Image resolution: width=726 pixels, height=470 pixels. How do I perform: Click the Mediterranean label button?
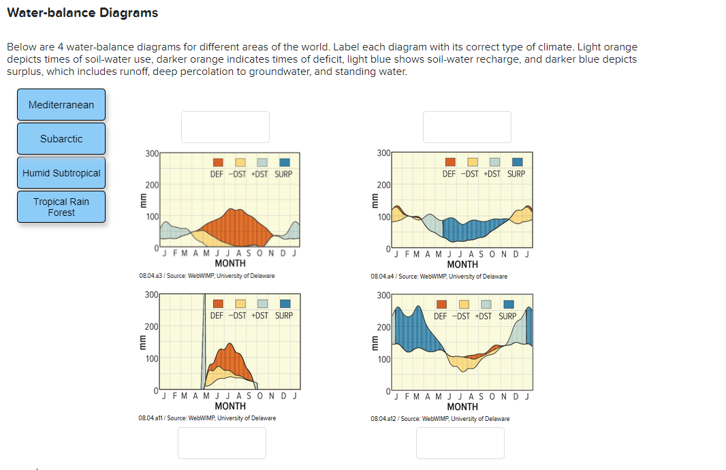(61, 105)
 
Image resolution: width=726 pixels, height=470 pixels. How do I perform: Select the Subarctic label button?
(61, 139)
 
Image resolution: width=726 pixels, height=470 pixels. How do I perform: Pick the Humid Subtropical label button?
(61, 173)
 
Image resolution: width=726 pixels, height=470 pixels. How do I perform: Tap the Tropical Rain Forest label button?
(61, 207)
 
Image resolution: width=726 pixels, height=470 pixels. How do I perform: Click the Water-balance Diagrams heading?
(82, 13)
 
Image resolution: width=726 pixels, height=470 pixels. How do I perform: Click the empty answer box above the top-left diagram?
(225, 127)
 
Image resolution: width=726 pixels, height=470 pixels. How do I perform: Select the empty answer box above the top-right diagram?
(467, 127)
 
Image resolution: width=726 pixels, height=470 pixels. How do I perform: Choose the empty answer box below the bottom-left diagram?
(222, 443)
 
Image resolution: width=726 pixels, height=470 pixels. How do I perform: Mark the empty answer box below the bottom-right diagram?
(460, 443)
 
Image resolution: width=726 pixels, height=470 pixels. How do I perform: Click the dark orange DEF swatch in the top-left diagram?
(218, 163)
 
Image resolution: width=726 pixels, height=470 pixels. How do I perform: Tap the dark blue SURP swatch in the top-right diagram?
(517, 162)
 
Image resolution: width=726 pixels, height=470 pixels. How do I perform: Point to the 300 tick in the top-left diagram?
(152, 153)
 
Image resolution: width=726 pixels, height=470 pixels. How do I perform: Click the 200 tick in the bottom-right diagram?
(383, 328)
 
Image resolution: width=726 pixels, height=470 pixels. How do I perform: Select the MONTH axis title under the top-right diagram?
(462, 264)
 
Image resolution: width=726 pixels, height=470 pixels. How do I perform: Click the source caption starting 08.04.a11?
(207, 418)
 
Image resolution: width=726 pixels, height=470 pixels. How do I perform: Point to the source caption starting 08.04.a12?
(440, 419)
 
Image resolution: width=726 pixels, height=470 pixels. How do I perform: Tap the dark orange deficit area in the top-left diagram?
(235, 225)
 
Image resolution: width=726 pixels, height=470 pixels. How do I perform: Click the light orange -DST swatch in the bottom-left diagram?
(240, 304)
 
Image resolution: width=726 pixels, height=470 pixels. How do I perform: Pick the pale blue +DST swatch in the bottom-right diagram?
(486, 304)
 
